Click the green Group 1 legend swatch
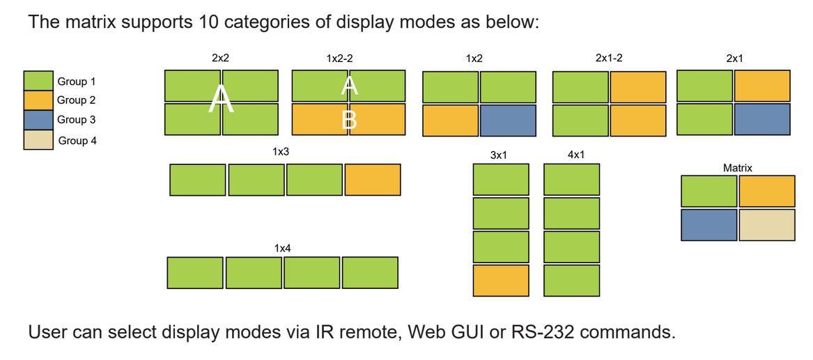click(38, 81)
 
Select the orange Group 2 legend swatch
click(38, 100)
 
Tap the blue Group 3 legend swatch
click(38, 120)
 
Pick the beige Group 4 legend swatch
click(38, 140)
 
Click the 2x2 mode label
click(220, 58)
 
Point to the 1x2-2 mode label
click(339, 58)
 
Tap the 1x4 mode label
click(282, 248)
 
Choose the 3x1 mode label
click(499, 155)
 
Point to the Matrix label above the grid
click(738, 168)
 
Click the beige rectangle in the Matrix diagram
click(766, 225)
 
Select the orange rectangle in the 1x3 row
click(372, 180)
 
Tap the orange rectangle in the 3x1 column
click(501, 281)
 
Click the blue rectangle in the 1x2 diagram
click(508, 120)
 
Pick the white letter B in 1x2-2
click(349, 120)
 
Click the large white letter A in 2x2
click(222, 100)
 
